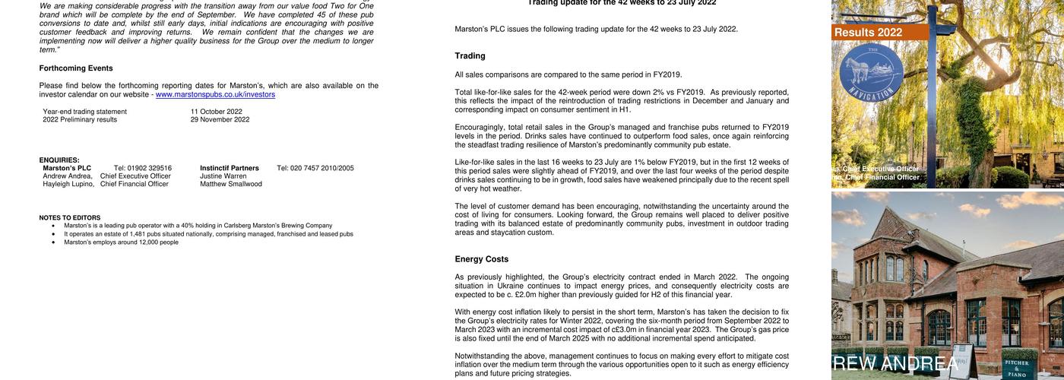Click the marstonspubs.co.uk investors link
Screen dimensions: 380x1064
click(x=215, y=95)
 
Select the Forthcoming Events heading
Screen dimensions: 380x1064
click(x=76, y=68)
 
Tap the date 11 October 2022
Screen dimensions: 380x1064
click(x=217, y=112)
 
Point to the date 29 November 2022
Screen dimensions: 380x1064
click(x=220, y=120)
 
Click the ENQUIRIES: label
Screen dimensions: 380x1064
click(x=59, y=160)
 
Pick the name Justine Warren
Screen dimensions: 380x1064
click(x=223, y=176)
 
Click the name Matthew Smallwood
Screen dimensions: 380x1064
click(x=231, y=184)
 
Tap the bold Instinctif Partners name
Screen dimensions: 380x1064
click(x=230, y=169)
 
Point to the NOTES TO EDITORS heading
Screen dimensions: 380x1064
click(x=70, y=218)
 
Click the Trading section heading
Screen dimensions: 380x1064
click(x=470, y=56)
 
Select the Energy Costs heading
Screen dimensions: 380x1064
click(x=482, y=259)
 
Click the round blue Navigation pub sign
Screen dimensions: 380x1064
click(x=871, y=74)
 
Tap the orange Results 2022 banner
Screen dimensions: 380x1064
click(x=879, y=33)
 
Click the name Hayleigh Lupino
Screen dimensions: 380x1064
click(x=68, y=184)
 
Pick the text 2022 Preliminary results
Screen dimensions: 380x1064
click(x=80, y=120)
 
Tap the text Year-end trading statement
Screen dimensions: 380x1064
click(x=85, y=112)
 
